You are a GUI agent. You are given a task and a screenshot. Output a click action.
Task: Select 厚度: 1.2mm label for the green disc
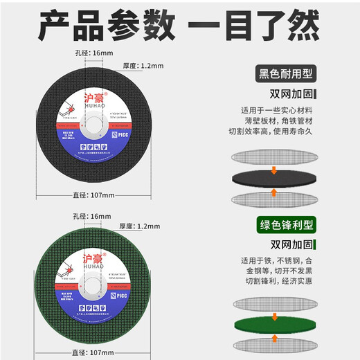[x=141, y=226]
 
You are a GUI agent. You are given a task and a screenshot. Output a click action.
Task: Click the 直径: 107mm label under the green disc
[x=92, y=352]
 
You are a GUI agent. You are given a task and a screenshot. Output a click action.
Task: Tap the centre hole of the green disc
[x=92, y=285]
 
